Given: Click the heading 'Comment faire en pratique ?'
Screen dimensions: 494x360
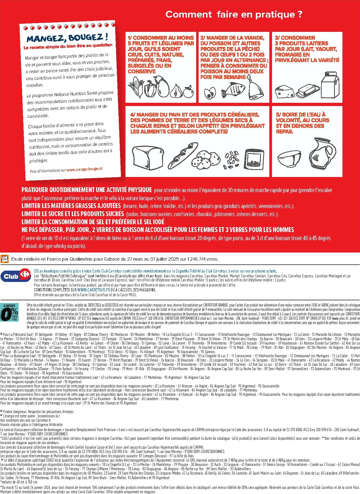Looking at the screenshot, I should pyautogui.click(x=234, y=15).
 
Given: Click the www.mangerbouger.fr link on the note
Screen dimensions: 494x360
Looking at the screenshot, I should pyautogui.click(x=84, y=169).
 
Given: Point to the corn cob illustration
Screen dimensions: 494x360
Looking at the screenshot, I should pyautogui.click(x=135, y=87).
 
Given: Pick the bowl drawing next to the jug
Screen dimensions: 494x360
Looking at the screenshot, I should pyautogui.click(x=289, y=159).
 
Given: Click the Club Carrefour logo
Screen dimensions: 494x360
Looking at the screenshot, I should pyautogui.click(x=16, y=276).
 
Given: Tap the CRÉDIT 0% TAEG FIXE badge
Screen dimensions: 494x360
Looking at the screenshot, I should pyautogui.click(x=10, y=312).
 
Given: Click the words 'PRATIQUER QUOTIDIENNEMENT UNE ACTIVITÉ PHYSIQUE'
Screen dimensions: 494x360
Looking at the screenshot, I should pyautogui.click(x=87, y=190).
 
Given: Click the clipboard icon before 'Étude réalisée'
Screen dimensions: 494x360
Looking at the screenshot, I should pyautogui.click(x=5, y=259).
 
